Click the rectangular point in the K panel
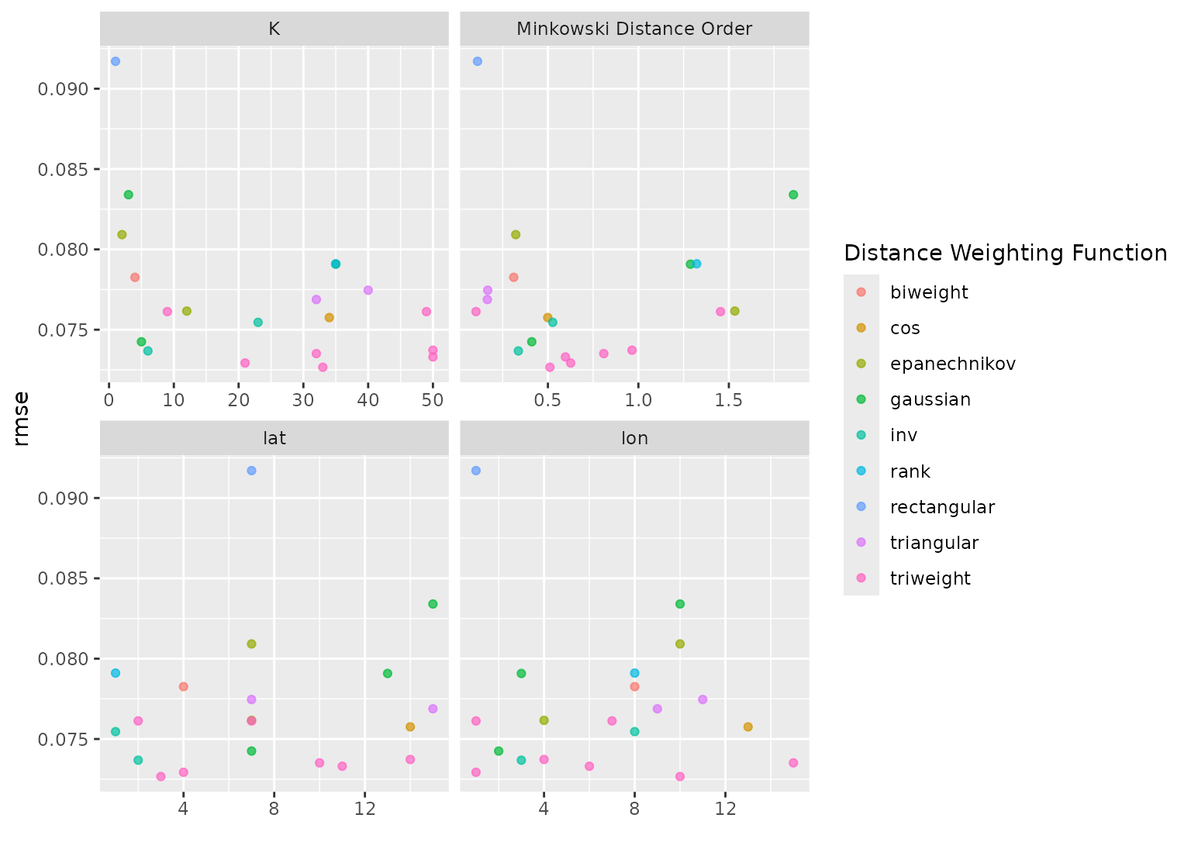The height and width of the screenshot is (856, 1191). [x=116, y=61]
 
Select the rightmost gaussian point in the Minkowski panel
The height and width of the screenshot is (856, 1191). [x=793, y=195]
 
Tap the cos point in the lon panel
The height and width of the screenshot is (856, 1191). [x=747, y=727]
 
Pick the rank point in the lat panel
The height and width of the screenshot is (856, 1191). [x=116, y=673]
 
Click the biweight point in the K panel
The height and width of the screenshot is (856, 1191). [x=135, y=277]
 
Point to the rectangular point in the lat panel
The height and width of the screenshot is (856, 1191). [x=251, y=471]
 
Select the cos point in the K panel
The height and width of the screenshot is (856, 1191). [x=329, y=317]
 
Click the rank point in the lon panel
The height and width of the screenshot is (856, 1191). [x=634, y=673]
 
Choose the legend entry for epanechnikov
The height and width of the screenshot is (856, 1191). [x=952, y=364]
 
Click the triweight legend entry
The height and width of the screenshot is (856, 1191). [x=930, y=578]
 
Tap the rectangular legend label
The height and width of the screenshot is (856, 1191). [x=942, y=507]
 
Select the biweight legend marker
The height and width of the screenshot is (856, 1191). [x=861, y=292]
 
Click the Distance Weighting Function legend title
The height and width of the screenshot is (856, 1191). [x=1005, y=253]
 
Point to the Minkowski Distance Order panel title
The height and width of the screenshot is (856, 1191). [x=634, y=29]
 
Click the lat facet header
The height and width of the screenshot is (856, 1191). [x=274, y=439]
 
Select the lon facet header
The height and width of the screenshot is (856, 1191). [x=634, y=439]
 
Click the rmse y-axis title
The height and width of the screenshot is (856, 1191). [x=22, y=419]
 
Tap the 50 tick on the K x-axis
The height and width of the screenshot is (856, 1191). [x=433, y=400]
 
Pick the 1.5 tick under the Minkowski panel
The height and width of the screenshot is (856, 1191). [x=729, y=400]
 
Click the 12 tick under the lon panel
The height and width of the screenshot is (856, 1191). [x=725, y=809]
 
